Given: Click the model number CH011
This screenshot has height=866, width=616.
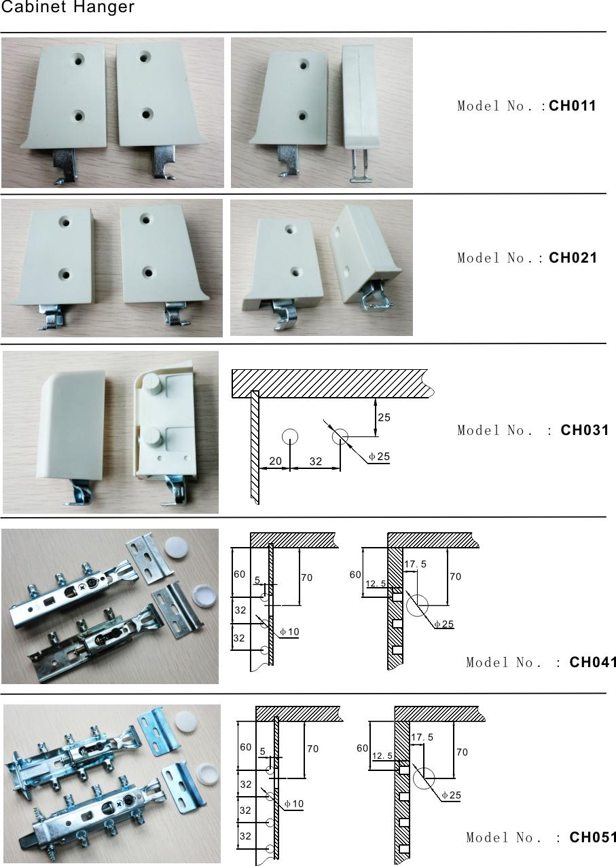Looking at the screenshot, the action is [x=573, y=106].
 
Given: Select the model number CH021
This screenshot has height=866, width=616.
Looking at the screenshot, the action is [x=573, y=258].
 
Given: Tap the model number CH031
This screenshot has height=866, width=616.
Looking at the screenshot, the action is [x=585, y=430].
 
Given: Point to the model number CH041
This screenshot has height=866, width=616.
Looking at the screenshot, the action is [x=592, y=662].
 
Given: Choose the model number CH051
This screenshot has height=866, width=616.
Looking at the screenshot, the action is [x=592, y=837].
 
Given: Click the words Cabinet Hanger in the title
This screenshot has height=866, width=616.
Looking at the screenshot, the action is [x=68, y=7].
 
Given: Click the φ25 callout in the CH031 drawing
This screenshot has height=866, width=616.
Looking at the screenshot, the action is [x=379, y=456].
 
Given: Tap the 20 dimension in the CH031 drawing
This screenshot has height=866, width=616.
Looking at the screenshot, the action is [x=276, y=461].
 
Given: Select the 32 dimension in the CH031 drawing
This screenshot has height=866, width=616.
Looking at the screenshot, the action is [x=316, y=462].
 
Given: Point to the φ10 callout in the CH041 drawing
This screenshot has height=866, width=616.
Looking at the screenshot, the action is [x=289, y=632].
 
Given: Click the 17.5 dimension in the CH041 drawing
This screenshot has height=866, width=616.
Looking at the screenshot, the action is [x=415, y=564].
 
